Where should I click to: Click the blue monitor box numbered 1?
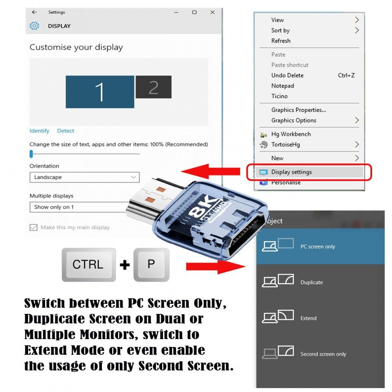click(x=100, y=92)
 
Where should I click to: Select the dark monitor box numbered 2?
click(x=154, y=87)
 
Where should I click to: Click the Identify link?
click(x=39, y=131)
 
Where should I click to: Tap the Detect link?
click(x=65, y=131)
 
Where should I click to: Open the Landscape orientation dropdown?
click(x=85, y=177)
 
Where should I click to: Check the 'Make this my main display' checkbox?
click(x=33, y=227)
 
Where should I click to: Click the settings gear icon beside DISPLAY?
click(x=34, y=26)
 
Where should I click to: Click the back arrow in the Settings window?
click(x=34, y=12)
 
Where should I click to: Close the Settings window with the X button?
click(x=212, y=12)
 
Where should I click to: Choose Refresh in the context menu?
click(x=281, y=41)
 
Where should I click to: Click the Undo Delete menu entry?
click(x=287, y=75)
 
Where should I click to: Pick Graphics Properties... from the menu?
click(x=298, y=110)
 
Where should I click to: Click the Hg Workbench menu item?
click(x=291, y=134)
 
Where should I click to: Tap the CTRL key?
click(x=89, y=265)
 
